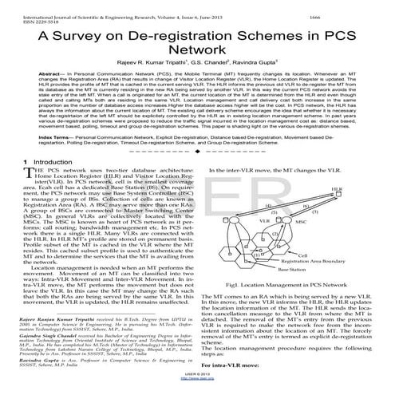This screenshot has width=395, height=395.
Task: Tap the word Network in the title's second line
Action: point(196,53)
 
